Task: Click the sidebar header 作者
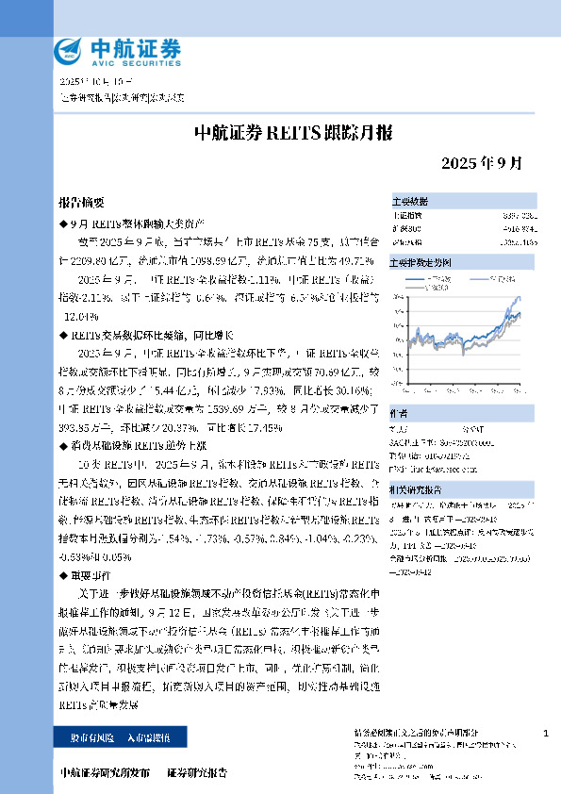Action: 400,412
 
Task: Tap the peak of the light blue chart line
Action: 517,297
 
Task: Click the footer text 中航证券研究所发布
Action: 106,772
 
